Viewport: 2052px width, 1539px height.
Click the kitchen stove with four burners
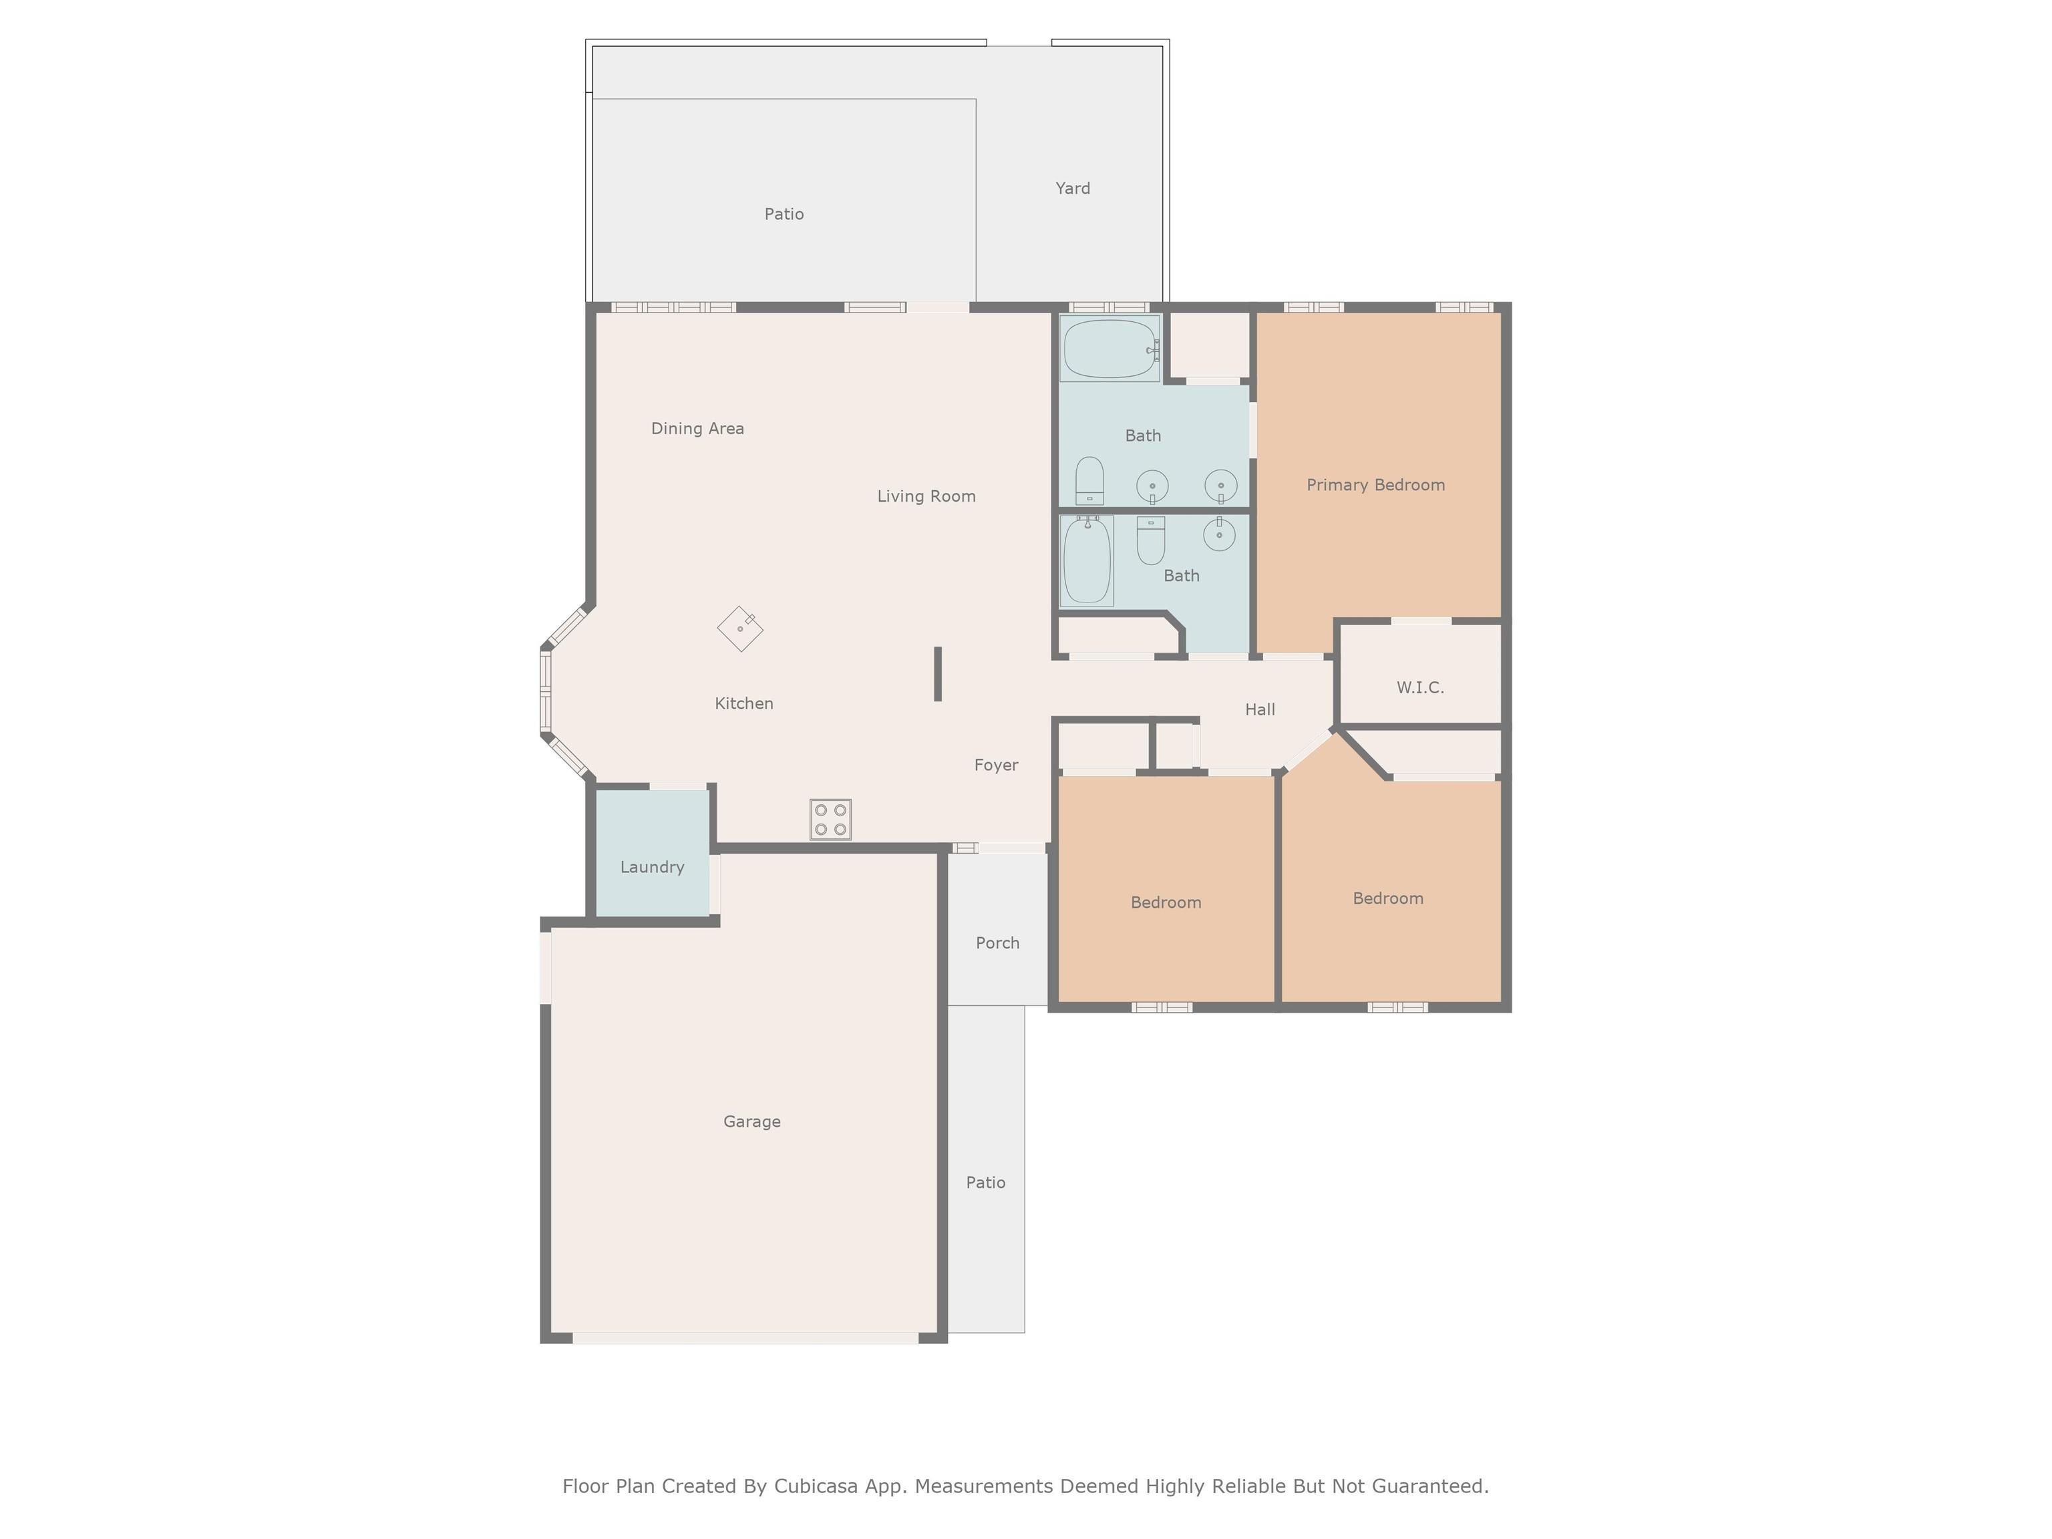[x=830, y=819]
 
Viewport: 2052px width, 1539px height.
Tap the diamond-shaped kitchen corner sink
[x=740, y=629]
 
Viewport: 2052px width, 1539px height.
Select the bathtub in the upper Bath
[x=1109, y=348]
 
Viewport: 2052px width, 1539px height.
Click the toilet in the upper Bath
[x=1089, y=480]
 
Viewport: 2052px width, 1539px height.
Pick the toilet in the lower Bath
[x=1150, y=541]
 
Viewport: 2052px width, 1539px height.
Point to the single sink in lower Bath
[x=1219, y=534]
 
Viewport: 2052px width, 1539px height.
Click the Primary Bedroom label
[x=1375, y=485]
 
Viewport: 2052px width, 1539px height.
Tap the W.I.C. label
[x=1419, y=687]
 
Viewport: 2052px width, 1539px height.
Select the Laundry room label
[x=652, y=868]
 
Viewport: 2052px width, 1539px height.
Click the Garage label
[x=751, y=1122]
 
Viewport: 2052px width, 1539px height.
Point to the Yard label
[x=1072, y=188]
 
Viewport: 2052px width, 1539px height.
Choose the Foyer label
[x=995, y=765]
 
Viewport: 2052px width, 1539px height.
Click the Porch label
[x=997, y=943]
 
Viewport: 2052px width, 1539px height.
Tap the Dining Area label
[x=697, y=429]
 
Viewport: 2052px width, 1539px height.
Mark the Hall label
[x=1259, y=709]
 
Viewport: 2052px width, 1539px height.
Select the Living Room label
[x=926, y=496]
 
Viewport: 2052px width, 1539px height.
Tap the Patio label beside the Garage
[x=985, y=1183]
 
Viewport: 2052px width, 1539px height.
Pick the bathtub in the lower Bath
[x=1086, y=561]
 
